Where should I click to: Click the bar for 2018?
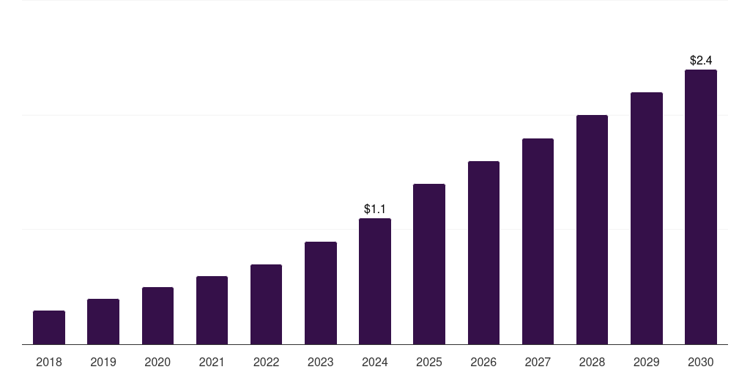coord(49,327)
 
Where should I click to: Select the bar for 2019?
coord(103,322)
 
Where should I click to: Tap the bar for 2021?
coord(212,310)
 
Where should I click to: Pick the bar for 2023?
coord(321,293)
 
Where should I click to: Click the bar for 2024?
coord(375,281)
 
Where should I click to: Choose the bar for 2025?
coord(429,264)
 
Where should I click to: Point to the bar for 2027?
coord(538,241)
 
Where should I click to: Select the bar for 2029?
coord(647,218)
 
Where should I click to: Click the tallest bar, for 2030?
coord(701,207)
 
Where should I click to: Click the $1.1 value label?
coord(375,209)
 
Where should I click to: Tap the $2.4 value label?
coord(701,60)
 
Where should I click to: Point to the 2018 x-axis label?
coord(49,362)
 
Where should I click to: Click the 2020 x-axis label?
coord(157,362)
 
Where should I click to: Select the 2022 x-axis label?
coord(267,362)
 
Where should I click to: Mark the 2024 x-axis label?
coord(375,362)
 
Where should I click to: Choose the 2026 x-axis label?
coord(483,362)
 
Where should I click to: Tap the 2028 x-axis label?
coord(592,362)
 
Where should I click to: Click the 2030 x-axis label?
coord(701,362)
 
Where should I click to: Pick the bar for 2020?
coord(157,316)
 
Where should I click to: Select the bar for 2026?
coord(483,253)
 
